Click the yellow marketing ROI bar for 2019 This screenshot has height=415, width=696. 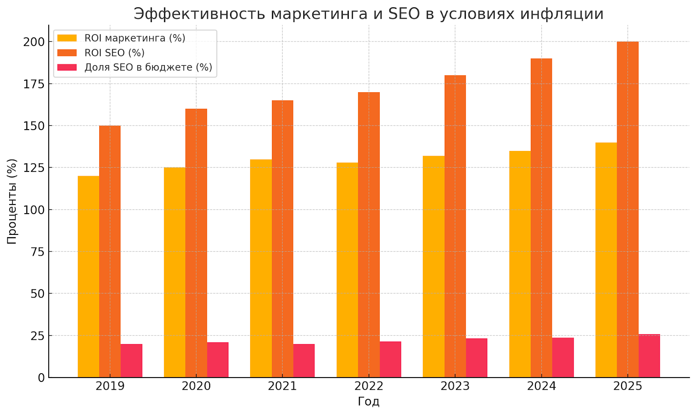(88, 276)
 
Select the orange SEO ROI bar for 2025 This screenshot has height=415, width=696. (627, 209)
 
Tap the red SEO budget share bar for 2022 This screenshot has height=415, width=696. (390, 359)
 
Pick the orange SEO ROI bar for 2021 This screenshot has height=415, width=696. (282, 239)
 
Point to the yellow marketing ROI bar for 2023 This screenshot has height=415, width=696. (433, 266)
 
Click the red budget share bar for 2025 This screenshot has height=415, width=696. (649, 355)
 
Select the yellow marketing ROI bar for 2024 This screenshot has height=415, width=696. (520, 264)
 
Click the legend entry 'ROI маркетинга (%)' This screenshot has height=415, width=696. (134, 38)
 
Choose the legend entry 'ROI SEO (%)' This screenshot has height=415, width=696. (114, 53)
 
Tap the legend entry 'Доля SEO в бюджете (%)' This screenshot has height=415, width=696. (148, 67)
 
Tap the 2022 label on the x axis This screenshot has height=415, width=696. (369, 386)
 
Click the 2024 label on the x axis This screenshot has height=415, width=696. (541, 386)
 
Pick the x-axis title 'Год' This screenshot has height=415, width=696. (368, 402)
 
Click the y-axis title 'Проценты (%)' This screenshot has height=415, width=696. (12, 201)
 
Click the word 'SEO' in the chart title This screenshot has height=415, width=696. (404, 14)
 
